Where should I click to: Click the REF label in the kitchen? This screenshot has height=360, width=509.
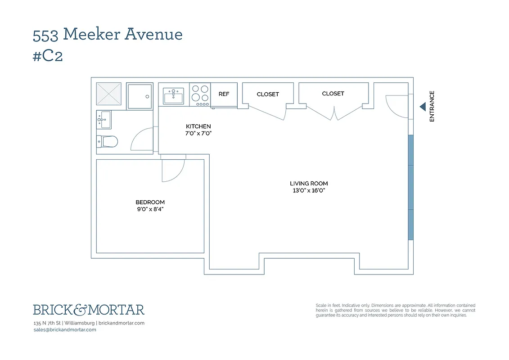[x=224, y=94]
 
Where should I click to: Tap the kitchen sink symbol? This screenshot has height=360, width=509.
[x=173, y=96]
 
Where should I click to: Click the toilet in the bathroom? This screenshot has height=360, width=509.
[x=108, y=142]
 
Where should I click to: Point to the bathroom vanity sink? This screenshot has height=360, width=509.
[x=103, y=120]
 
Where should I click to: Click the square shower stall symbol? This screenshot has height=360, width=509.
[x=140, y=96]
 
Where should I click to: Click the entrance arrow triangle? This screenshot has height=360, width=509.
[x=423, y=107]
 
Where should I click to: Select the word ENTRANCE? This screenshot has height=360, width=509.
[x=432, y=107]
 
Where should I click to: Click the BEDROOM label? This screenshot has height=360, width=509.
[x=150, y=202]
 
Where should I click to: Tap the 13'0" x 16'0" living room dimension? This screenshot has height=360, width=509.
[x=309, y=190]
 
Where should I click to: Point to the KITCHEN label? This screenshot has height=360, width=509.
[x=198, y=126]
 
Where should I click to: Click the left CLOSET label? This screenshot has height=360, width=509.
[x=268, y=94]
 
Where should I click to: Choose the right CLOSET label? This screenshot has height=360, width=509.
[x=333, y=94]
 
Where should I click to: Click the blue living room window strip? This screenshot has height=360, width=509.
[x=410, y=187]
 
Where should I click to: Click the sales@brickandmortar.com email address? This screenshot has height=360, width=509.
[x=65, y=330]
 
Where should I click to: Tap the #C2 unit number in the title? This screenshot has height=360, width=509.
[x=48, y=58]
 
